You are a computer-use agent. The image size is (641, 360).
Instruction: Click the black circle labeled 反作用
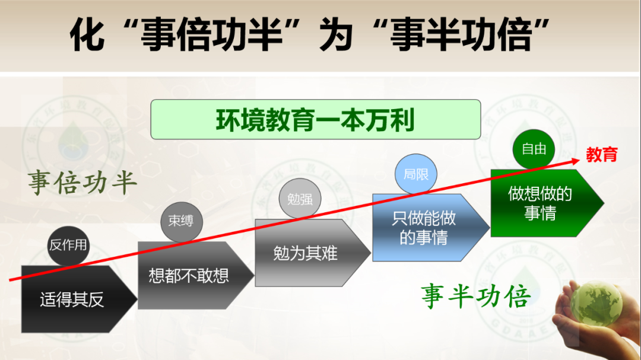click(68, 246)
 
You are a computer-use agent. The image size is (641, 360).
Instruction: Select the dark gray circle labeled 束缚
click(182, 222)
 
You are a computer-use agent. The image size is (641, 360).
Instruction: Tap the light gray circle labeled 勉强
click(300, 199)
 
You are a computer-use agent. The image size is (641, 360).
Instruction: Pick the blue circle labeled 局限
click(415, 174)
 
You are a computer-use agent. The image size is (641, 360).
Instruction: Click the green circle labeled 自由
click(534, 149)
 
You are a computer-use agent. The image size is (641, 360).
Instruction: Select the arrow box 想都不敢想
click(196, 275)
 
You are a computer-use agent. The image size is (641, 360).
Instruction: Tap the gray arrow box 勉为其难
click(313, 253)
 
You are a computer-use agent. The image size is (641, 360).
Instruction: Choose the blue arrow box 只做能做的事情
click(431, 228)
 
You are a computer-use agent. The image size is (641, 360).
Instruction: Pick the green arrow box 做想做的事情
click(547, 203)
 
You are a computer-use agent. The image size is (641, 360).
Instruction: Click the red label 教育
click(602, 155)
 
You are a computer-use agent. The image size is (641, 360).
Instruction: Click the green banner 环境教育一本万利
click(316, 119)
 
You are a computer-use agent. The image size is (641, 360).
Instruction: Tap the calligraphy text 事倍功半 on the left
click(82, 182)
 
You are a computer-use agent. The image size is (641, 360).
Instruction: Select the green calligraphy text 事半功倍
click(476, 296)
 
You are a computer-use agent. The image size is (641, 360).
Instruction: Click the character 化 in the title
click(87, 35)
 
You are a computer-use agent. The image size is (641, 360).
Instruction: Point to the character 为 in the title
click(335, 35)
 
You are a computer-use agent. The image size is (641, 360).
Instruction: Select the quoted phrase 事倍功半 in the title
click(211, 35)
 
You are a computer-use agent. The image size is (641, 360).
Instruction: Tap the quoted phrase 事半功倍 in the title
click(461, 35)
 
